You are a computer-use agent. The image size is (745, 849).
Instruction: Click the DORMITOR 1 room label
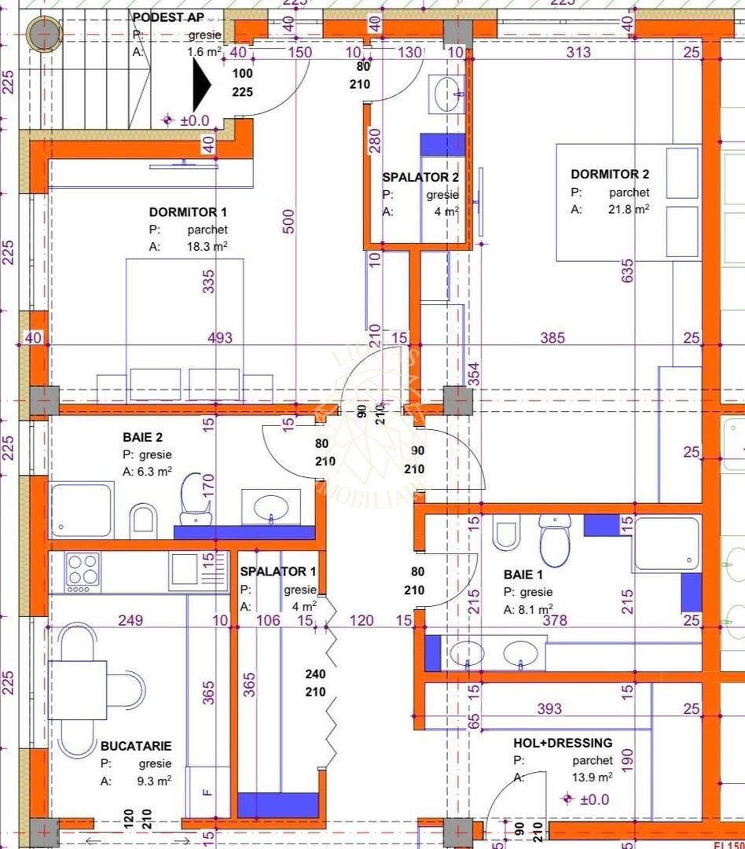[188, 212]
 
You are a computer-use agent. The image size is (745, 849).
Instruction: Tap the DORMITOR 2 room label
[610, 175]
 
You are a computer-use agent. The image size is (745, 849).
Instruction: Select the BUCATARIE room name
[136, 745]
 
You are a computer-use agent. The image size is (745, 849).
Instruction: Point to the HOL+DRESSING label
[563, 742]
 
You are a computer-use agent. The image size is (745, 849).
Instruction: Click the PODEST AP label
[168, 17]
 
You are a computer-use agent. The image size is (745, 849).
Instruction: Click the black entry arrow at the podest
[202, 86]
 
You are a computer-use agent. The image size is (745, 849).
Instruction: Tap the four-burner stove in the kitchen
[83, 572]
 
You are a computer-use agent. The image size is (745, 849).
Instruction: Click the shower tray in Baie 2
[81, 509]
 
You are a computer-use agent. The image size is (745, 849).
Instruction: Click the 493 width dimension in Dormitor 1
[220, 338]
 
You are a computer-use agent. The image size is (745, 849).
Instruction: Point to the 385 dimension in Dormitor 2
[552, 338]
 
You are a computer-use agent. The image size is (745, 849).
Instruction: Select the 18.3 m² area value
[207, 247]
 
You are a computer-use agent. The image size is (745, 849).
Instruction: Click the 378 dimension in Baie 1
[555, 621]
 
